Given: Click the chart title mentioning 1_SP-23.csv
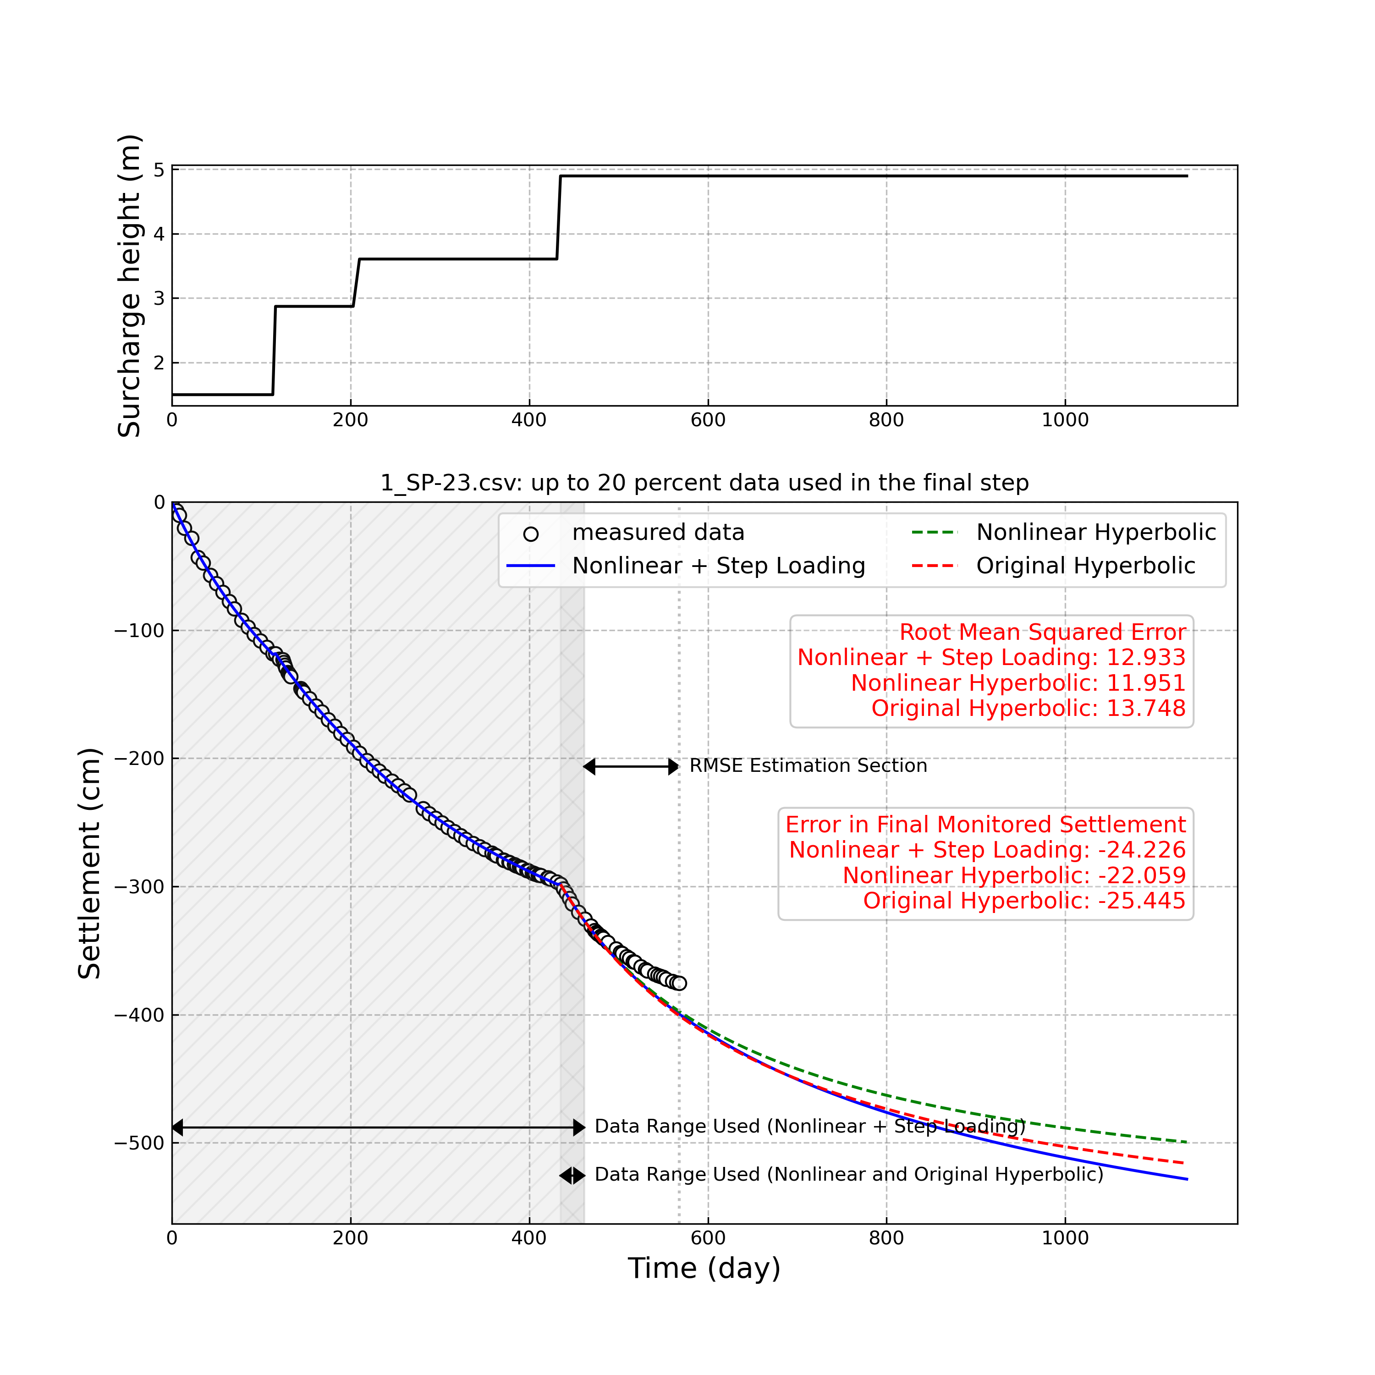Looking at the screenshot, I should tap(704, 483).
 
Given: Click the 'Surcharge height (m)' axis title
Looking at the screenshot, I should tap(130, 286).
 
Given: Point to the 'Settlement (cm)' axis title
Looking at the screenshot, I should tap(90, 863).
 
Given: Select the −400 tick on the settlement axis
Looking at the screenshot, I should tap(139, 1015).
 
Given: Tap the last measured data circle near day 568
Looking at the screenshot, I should tap(680, 984).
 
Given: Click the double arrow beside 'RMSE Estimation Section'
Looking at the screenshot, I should tap(631, 766).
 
